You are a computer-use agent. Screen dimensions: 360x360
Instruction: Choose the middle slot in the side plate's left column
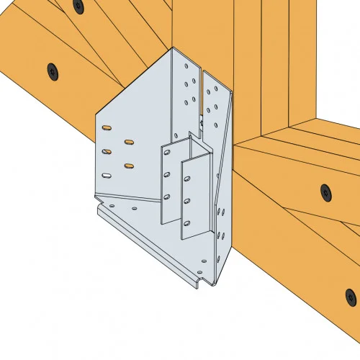[x=107, y=151]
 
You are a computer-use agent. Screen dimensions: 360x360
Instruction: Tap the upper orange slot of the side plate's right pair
[x=129, y=142]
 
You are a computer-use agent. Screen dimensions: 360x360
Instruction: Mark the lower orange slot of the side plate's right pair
[x=129, y=166]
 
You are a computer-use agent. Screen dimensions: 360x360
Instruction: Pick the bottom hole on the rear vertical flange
[x=168, y=196]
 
